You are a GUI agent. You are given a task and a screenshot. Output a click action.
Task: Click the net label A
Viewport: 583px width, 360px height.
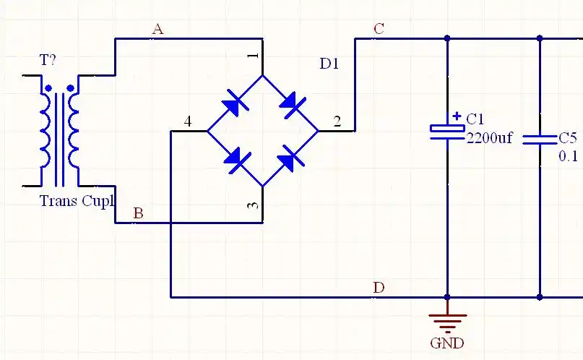(157, 29)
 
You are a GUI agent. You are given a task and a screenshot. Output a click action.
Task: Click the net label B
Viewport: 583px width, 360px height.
(139, 213)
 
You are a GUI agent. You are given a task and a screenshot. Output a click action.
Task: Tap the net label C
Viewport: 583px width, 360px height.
(379, 29)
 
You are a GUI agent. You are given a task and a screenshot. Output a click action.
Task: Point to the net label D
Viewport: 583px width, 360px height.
(379, 288)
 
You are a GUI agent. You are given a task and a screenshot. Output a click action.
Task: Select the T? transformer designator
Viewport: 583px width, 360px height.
(48, 61)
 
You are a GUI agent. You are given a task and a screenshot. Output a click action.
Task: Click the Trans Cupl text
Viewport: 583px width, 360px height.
(77, 201)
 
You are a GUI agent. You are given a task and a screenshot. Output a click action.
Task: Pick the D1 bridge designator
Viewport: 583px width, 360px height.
(329, 64)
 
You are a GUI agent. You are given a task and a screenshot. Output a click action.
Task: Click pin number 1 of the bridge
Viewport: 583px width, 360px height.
(252, 56)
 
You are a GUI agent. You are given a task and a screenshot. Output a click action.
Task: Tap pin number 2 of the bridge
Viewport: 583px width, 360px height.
(337, 121)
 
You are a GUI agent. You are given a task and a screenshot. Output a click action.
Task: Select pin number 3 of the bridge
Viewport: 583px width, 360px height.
(252, 206)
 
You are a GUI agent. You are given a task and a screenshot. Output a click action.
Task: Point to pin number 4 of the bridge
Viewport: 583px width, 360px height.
(188, 121)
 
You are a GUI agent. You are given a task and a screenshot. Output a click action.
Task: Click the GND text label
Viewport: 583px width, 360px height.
(447, 343)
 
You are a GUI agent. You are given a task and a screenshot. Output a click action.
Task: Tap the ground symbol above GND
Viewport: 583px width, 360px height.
(447, 318)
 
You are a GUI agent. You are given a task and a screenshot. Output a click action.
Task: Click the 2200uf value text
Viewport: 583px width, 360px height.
(489, 137)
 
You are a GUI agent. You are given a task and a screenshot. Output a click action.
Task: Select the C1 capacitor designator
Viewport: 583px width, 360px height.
(476, 119)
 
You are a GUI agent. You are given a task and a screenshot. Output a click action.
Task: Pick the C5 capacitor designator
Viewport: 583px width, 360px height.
(568, 137)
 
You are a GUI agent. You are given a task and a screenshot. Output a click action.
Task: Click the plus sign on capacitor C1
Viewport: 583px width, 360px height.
(457, 116)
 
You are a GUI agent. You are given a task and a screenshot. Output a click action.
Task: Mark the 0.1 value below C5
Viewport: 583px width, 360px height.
(569, 155)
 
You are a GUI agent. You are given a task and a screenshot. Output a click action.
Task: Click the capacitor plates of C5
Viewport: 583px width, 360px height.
(540, 138)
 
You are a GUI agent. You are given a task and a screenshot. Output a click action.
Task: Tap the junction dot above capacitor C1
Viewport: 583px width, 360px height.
(447, 38)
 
